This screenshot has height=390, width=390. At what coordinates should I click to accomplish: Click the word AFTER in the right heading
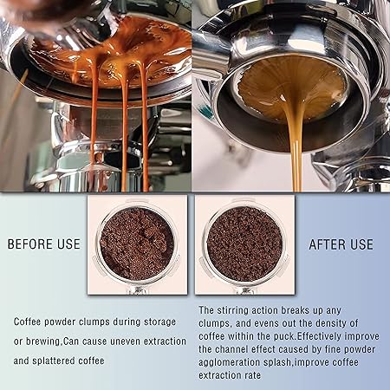[x=327, y=244]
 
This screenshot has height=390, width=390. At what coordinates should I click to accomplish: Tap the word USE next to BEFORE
[x=68, y=244]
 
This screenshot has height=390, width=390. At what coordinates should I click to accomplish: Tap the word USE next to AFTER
[x=361, y=244]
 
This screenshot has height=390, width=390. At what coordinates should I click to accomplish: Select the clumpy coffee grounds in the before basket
[x=137, y=244]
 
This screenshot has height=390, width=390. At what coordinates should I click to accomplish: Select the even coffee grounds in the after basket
[x=244, y=244]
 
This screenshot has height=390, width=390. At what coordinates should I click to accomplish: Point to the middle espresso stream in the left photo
[x=125, y=130]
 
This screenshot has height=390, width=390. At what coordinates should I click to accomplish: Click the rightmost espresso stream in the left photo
[x=145, y=127]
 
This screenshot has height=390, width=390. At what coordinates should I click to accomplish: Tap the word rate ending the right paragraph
[x=253, y=375]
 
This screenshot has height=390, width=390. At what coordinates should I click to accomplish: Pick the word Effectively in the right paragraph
[x=319, y=336]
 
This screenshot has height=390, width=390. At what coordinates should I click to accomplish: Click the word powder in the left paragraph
[x=60, y=322]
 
